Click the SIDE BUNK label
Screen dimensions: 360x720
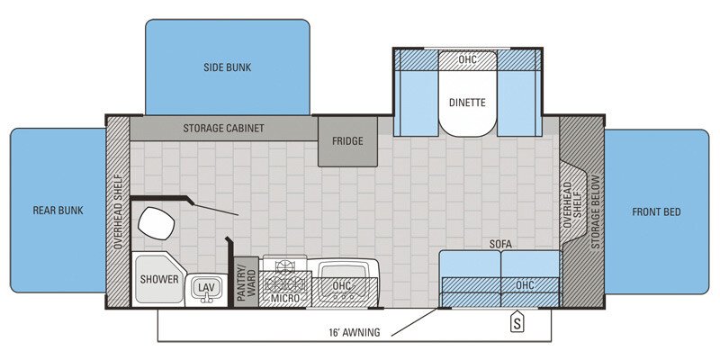click(227, 67)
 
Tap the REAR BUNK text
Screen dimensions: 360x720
click(58, 211)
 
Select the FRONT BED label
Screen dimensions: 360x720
click(656, 212)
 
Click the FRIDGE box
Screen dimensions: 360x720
click(346, 141)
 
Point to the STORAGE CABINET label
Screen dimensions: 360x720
click(224, 128)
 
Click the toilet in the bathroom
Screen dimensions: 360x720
click(156, 221)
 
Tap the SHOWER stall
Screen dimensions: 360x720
click(158, 279)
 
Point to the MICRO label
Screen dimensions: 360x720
click(285, 297)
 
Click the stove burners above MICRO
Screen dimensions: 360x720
click(285, 267)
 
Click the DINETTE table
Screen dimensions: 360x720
click(467, 103)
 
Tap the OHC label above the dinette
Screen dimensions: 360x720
click(467, 59)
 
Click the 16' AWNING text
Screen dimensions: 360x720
click(355, 332)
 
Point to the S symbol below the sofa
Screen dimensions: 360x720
click(517, 319)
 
